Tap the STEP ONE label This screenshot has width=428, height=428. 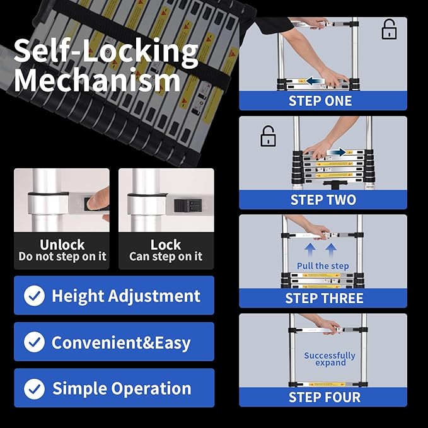(x=320, y=101)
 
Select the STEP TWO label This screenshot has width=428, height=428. (x=323, y=200)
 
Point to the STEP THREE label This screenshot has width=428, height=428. (x=324, y=298)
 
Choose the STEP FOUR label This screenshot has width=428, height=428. (x=324, y=397)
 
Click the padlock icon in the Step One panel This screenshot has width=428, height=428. (x=390, y=30)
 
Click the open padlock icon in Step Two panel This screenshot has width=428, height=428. (x=269, y=136)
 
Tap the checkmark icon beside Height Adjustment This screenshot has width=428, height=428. (x=34, y=296)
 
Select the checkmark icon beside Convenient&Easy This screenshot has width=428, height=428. (x=34, y=342)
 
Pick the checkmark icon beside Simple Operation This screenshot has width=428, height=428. (x=34, y=388)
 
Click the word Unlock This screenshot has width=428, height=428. (x=62, y=245)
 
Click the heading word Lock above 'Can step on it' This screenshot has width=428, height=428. (x=166, y=245)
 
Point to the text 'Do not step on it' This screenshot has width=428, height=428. (x=62, y=257)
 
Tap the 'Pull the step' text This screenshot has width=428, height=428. (x=323, y=266)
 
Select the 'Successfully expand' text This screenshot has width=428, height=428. (x=330, y=359)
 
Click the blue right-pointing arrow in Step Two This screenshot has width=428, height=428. (x=337, y=152)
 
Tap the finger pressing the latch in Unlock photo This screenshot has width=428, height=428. (x=95, y=202)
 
